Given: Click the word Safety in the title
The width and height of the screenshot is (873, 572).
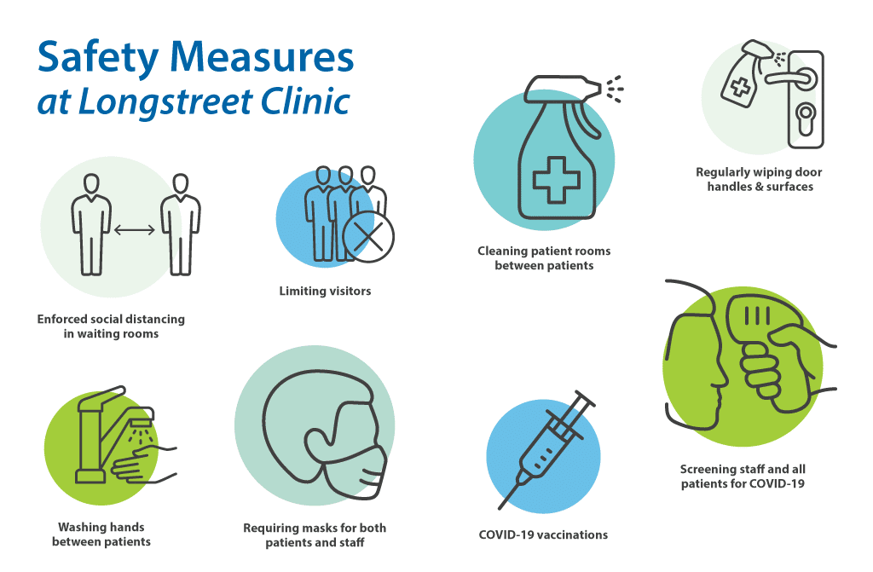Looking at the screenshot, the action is pyautogui.click(x=98, y=58).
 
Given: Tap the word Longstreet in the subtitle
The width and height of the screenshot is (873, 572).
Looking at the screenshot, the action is pyautogui.click(x=165, y=101).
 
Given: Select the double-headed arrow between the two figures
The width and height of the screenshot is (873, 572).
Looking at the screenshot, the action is pyautogui.click(x=135, y=229).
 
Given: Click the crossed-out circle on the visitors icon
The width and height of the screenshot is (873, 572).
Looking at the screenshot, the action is pyautogui.click(x=368, y=237).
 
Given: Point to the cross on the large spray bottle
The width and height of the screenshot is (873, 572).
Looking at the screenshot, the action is pyautogui.click(x=556, y=180).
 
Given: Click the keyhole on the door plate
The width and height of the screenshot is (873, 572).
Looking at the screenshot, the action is pyautogui.click(x=805, y=118).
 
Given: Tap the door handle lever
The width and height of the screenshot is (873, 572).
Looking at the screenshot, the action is pyautogui.click(x=791, y=77).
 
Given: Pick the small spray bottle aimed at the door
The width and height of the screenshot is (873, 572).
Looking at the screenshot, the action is pyautogui.click(x=745, y=73).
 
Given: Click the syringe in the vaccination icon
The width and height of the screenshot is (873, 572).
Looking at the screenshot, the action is pyautogui.click(x=546, y=449).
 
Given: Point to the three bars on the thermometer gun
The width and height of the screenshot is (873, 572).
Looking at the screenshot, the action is pyautogui.click(x=757, y=316).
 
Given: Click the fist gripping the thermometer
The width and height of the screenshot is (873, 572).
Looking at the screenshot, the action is pyautogui.click(x=764, y=367).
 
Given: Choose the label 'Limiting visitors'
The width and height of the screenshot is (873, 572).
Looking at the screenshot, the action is pyautogui.click(x=325, y=291).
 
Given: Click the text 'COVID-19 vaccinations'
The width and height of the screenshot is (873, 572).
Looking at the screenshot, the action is pyautogui.click(x=543, y=534).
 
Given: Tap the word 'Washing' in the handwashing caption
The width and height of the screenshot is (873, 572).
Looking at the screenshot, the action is pyautogui.click(x=78, y=527).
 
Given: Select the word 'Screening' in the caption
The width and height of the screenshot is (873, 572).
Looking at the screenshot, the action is pyautogui.click(x=705, y=470).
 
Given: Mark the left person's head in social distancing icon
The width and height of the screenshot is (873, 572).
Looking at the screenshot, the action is pyautogui.click(x=91, y=183).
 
